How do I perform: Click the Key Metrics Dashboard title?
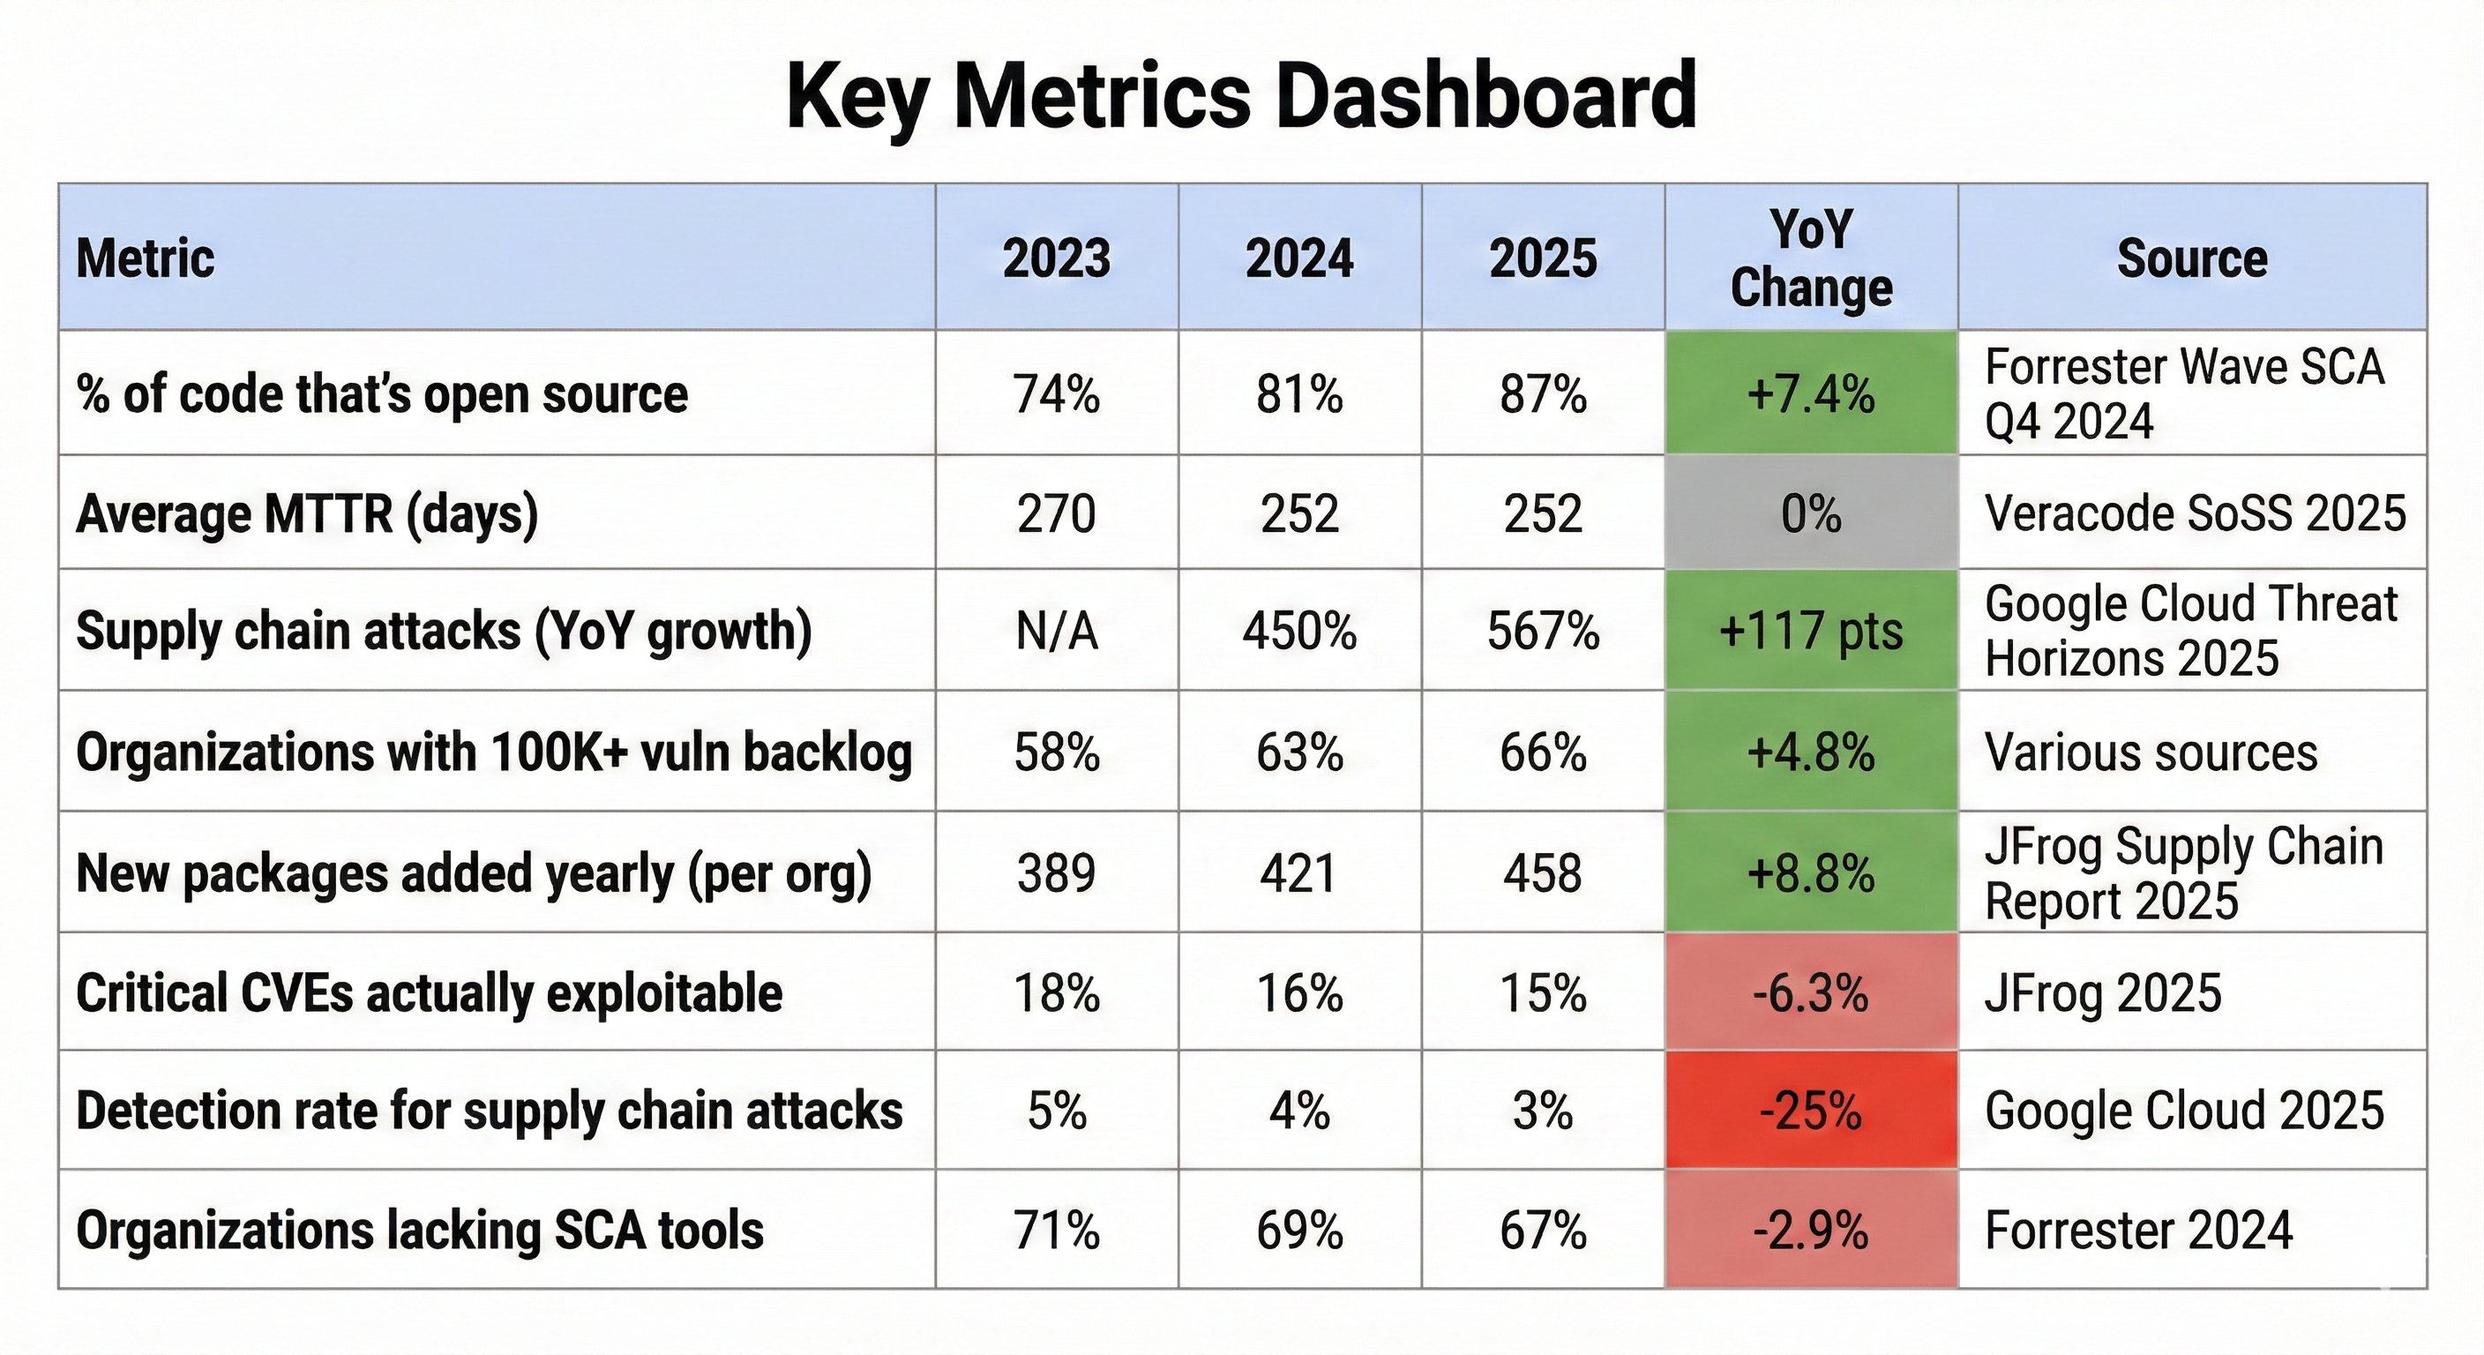click(x=1241, y=95)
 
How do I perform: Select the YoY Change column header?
click(x=1811, y=258)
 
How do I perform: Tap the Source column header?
click(x=2192, y=258)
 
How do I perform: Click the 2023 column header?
click(x=1057, y=258)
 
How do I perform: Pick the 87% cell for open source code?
click(x=1543, y=393)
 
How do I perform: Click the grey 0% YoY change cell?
click(x=1811, y=513)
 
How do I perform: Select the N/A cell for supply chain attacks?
click(x=1057, y=632)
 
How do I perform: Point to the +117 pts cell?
click(x=1811, y=632)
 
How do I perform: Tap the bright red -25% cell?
click(x=1811, y=1111)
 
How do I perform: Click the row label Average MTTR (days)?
click(x=307, y=513)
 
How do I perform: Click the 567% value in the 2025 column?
click(x=1543, y=632)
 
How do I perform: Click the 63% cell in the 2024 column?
click(x=1300, y=752)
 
